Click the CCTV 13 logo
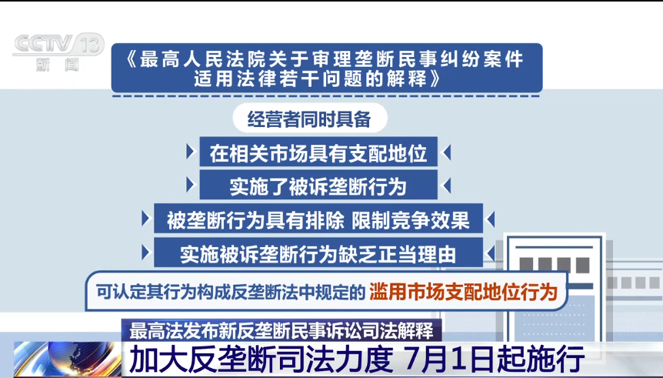(x=58, y=45)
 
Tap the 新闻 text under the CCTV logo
(x=58, y=65)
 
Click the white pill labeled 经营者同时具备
(x=310, y=119)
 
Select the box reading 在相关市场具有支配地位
(x=318, y=152)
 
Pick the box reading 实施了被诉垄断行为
(x=318, y=186)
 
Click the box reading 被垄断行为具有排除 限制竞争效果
(x=318, y=219)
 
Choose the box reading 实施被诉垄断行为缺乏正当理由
(x=318, y=253)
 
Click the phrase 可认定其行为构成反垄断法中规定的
(x=231, y=292)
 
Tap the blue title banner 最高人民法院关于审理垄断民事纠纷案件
(x=327, y=68)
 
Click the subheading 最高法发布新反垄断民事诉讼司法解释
(x=282, y=330)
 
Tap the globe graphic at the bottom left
(x=68, y=359)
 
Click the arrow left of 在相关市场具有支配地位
(x=191, y=152)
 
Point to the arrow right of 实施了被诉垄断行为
(x=446, y=186)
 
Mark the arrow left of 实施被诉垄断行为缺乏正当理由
(x=146, y=253)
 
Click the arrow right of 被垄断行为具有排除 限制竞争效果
(x=491, y=219)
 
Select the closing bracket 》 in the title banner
(x=435, y=79)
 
